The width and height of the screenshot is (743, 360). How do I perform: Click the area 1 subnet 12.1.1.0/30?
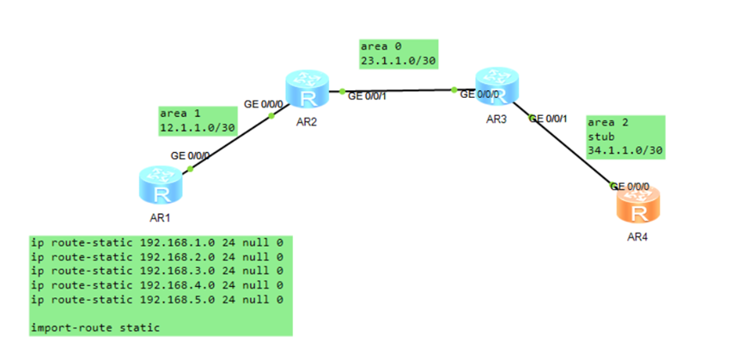(x=197, y=128)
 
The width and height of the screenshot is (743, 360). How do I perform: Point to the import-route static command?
(x=95, y=327)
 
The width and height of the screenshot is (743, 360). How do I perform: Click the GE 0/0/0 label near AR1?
(x=191, y=156)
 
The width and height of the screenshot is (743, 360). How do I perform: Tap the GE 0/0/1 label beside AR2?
(x=367, y=96)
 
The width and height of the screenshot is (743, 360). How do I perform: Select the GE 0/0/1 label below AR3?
(x=548, y=119)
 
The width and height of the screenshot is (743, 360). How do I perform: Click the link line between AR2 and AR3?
(x=398, y=90)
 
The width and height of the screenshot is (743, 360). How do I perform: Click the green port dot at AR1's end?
(x=191, y=168)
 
